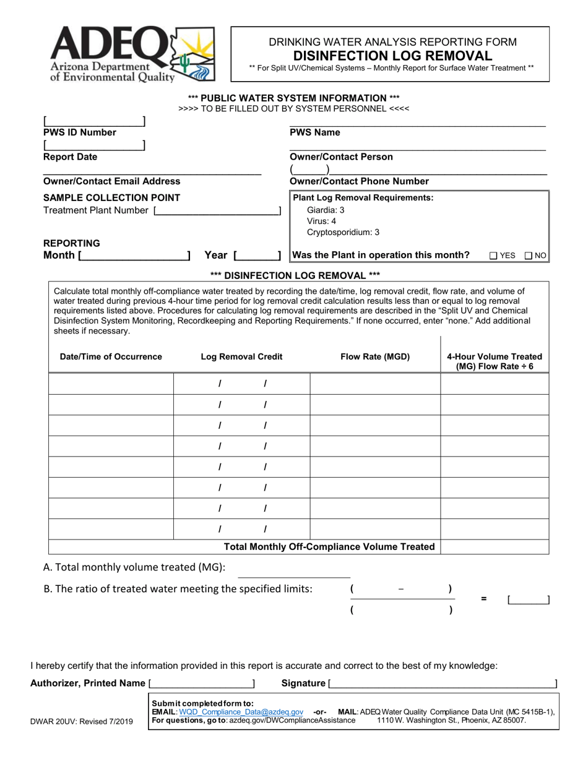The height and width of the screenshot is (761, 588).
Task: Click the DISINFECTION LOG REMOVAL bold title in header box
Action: pos(392,56)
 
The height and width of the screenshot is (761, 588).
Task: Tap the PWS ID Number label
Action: pos(79,132)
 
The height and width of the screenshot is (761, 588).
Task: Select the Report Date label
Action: pos(70,157)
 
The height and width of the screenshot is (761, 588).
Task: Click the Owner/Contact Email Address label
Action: pos(111,181)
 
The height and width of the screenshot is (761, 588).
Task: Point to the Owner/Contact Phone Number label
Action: pos(359,181)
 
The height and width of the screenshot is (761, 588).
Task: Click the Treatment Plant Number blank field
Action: pos(217,210)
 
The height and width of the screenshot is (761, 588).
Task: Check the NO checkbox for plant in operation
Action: pos(529,256)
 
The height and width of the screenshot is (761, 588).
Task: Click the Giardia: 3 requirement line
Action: pos(326,210)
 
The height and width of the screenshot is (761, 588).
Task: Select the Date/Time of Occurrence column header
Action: pos(111,356)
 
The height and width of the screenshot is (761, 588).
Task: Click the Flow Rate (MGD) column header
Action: pos(375,356)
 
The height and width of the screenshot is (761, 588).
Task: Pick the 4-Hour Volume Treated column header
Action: pos(494,361)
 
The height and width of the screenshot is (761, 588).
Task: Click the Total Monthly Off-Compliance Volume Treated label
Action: pos(329,547)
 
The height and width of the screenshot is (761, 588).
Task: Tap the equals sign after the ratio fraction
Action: pos(484,599)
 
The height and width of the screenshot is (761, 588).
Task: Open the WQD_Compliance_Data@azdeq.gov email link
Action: pos(241,712)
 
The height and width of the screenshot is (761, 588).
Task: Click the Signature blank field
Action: pos(443,683)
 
